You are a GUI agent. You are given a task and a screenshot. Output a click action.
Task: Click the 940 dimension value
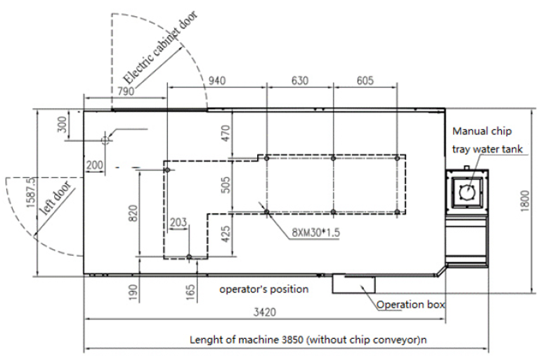tap(218, 81)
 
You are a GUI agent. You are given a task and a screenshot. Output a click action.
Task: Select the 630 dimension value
tap(300, 81)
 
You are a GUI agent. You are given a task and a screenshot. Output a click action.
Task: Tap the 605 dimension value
tap(365, 81)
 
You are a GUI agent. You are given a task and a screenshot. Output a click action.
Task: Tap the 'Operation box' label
tap(410, 304)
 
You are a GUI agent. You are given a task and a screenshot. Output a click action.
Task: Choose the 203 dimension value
tap(178, 222)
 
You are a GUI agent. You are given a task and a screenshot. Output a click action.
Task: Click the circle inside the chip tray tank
tap(464, 190)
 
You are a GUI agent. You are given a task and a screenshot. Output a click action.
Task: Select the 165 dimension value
tap(190, 290)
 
